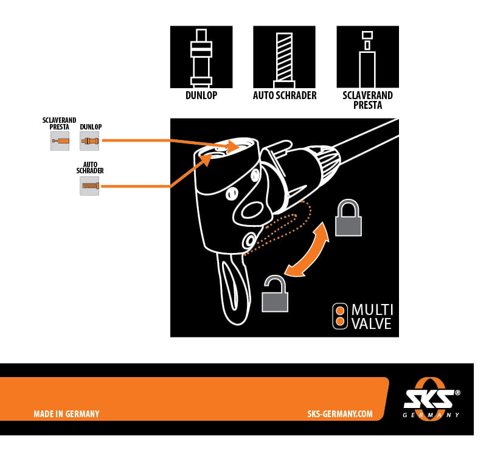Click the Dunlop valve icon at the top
click(201, 57)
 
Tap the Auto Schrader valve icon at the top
click(284, 57)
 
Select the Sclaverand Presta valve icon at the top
click(367, 57)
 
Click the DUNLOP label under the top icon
click(201, 96)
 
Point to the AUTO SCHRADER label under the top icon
click(285, 96)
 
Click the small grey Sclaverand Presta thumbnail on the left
click(60, 141)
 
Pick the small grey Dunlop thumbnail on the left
click(89, 141)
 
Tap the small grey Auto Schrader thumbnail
click(89, 185)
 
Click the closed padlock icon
click(349, 219)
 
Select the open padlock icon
click(275, 295)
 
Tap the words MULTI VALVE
click(372, 317)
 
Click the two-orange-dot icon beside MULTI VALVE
click(340, 316)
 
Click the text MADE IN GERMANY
click(66, 414)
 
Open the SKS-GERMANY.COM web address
click(340, 414)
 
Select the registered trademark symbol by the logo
click(457, 393)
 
